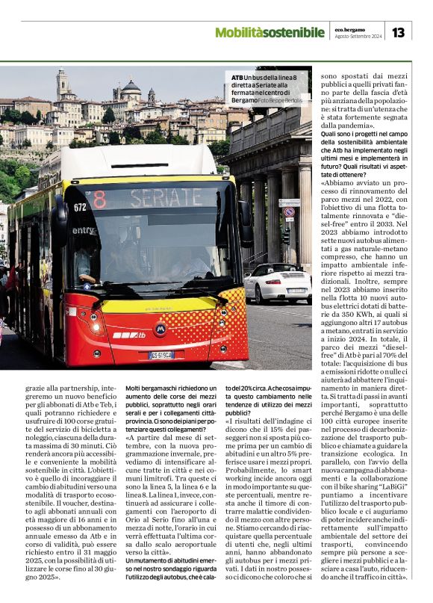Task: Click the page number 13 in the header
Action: [398, 32]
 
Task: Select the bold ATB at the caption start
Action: [237, 78]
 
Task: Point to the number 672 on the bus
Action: [80, 206]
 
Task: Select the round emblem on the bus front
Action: [159, 327]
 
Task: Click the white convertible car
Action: [278, 282]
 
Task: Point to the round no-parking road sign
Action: [289, 212]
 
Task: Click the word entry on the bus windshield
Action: [84, 230]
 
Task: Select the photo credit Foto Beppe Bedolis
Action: [284, 99]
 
